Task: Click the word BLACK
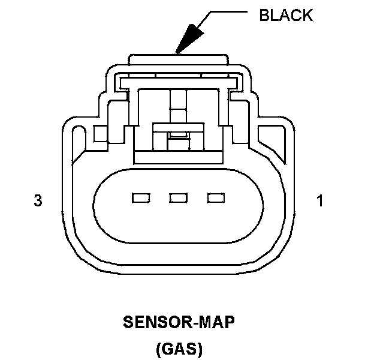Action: (286, 15)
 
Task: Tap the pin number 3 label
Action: (38, 201)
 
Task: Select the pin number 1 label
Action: (319, 201)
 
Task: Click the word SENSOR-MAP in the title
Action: (179, 323)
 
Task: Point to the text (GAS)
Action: (179, 348)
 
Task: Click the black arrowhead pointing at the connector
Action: (188, 37)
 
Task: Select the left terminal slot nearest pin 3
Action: (140, 197)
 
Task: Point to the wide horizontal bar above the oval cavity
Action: (178, 157)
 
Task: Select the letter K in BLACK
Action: (307, 15)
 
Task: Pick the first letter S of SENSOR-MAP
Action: (128, 323)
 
